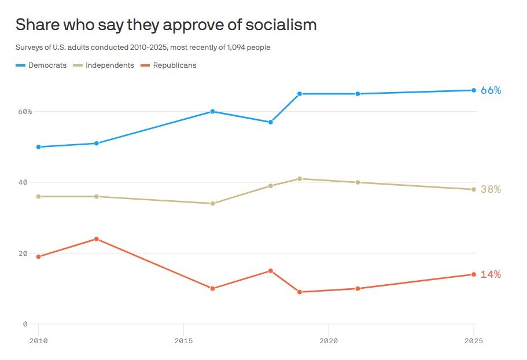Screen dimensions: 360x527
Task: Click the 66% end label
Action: (x=491, y=90)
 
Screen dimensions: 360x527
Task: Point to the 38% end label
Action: (x=491, y=189)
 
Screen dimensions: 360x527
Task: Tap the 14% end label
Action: (x=491, y=274)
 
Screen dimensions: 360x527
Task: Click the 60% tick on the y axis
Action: (x=24, y=111)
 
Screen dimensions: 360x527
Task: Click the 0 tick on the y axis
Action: (x=25, y=324)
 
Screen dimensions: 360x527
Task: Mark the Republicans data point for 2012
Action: (x=97, y=239)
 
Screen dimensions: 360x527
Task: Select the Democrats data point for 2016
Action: (x=213, y=111)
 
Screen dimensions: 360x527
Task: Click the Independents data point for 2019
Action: (x=300, y=179)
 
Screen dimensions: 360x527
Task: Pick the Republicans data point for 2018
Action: (x=271, y=271)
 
